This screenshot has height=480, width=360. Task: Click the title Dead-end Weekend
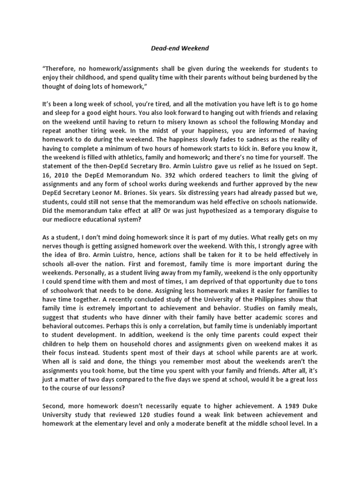(x=180, y=48)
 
